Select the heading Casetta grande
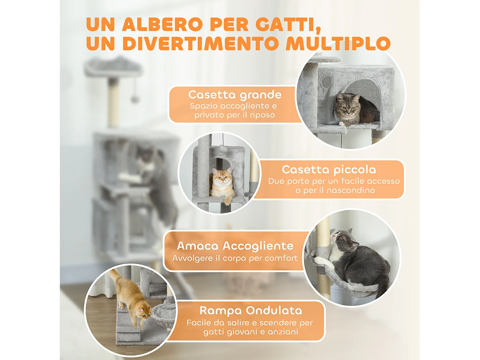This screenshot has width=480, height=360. tap(235, 95)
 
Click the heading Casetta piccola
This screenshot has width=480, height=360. tap(329, 169)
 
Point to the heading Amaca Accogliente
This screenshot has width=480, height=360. tap(235, 246)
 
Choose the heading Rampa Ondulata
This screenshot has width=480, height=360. tap(251, 310)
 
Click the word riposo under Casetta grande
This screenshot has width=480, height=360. tap(262, 115)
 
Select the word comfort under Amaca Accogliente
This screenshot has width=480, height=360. tap(281, 258)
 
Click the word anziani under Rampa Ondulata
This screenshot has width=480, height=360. tap(283, 332)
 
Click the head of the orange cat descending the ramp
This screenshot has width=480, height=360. tap(145, 312)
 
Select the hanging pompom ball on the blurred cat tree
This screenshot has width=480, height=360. tap(135, 99)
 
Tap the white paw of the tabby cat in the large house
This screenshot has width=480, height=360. tap(343, 123)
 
